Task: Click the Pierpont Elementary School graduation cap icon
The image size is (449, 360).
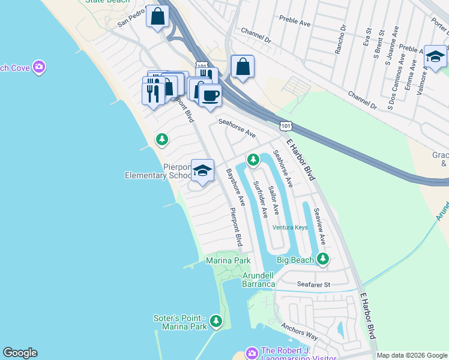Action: click(x=203, y=170)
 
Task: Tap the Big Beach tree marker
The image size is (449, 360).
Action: click(x=324, y=259)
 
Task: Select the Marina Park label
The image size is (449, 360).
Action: click(x=228, y=260)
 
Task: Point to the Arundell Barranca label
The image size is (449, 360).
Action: click(x=258, y=280)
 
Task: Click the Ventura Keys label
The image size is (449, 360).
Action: click(x=290, y=227)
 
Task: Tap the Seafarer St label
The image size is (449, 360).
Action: click(x=314, y=284)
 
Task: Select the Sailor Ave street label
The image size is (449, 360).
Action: click(x=274, y=200)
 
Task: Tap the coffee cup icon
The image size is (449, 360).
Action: click(x=209, y=95)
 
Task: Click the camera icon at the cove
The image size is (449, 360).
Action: click(x=40, y=67)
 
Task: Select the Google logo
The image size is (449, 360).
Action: click(x=20, y=353)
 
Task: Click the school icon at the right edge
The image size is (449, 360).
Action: click(x=435, y=56)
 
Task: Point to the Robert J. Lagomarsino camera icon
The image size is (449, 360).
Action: click(x=252, y=352)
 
